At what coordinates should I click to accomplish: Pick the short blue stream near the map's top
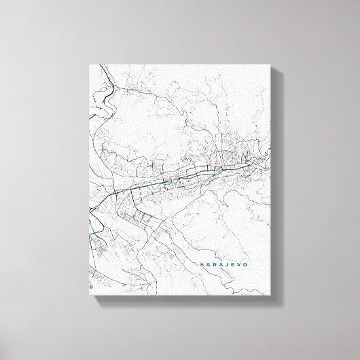pyautogui.click(x=129, y=89)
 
